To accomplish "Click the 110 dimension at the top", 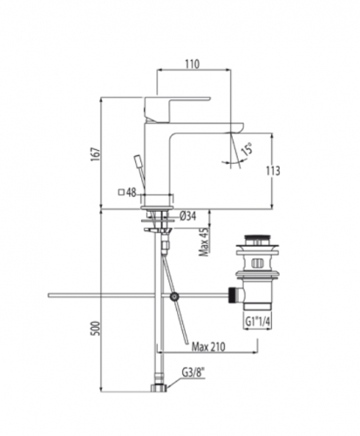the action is point(193,64).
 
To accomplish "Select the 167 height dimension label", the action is point(96,154).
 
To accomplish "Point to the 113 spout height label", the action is point(273,171).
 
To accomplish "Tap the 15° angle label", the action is point(248,149).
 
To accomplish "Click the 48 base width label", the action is point(132,193).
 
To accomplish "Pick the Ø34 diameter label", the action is point(187,216).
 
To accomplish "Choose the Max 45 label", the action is point(204,242).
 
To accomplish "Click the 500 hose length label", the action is point(96,329).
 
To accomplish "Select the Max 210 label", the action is point(208,346).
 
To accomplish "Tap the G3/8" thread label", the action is point(194,372).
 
